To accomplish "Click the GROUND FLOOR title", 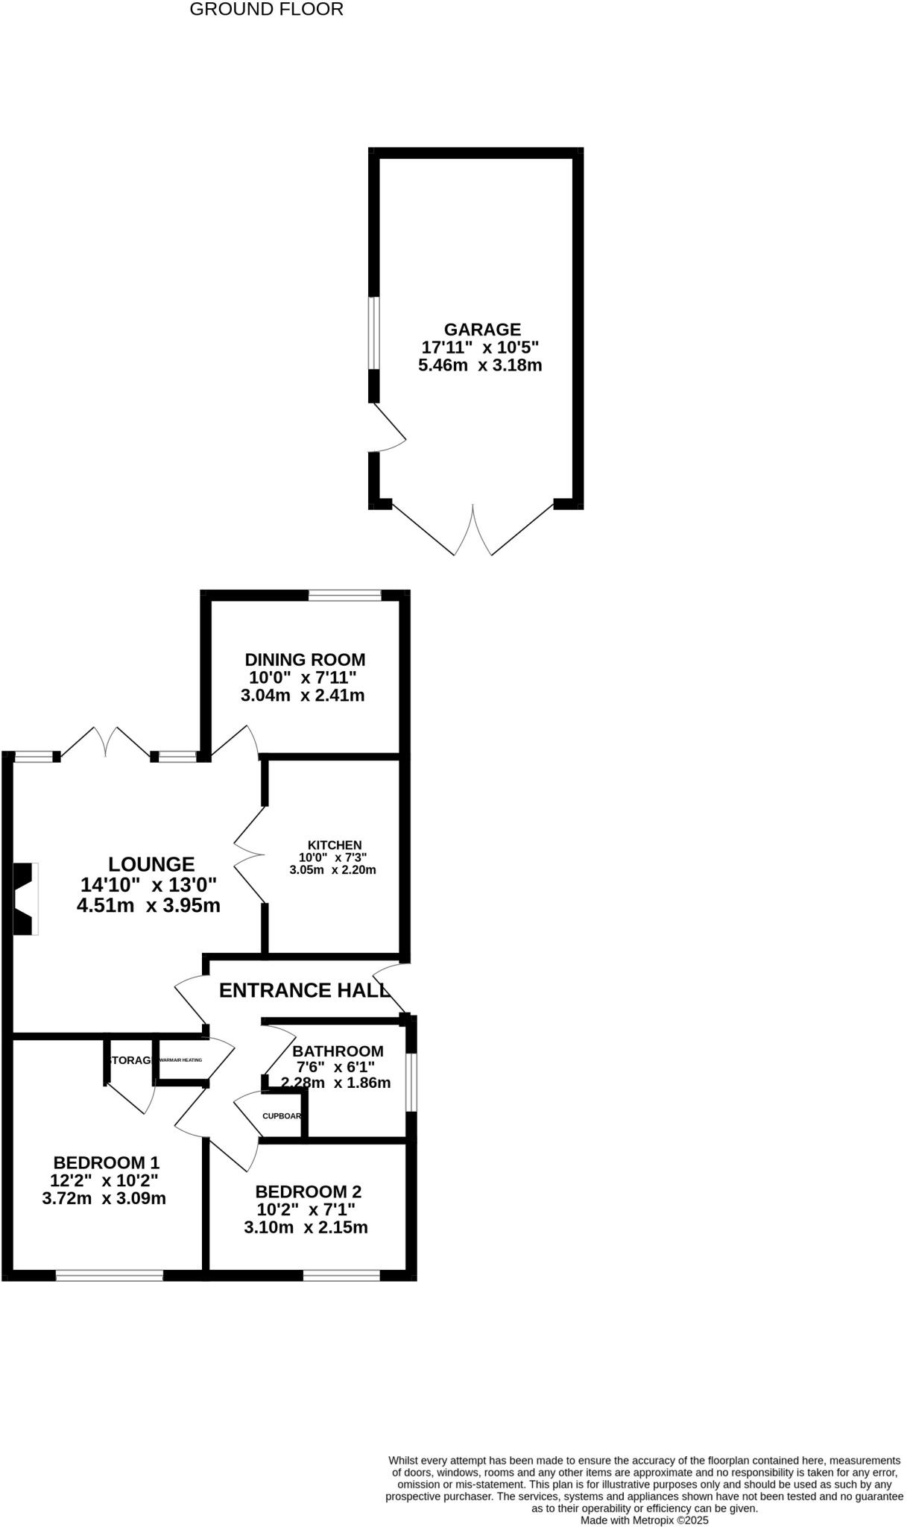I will (267, 10).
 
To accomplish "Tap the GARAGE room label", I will (482, 329).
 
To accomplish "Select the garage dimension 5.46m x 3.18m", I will (480, 365).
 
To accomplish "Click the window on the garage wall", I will (375, 333).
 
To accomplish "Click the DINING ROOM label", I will (305, 659).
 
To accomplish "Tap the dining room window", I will (345, 595).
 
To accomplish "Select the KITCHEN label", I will (335, 845).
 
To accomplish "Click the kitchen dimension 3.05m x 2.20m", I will (332, 869).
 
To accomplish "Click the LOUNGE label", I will (151, 864).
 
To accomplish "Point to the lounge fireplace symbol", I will (25, 898).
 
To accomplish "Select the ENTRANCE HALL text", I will (304, 990).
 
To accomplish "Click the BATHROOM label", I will (338, 1051).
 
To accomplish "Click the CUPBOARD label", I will (282, 1116).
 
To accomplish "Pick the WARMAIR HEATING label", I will (181, 1060).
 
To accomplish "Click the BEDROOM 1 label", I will (107, 1162).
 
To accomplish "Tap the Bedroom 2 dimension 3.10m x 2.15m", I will (306, 1227).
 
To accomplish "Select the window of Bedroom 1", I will (110, 1276).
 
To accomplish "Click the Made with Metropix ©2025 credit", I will (644, 1520).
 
